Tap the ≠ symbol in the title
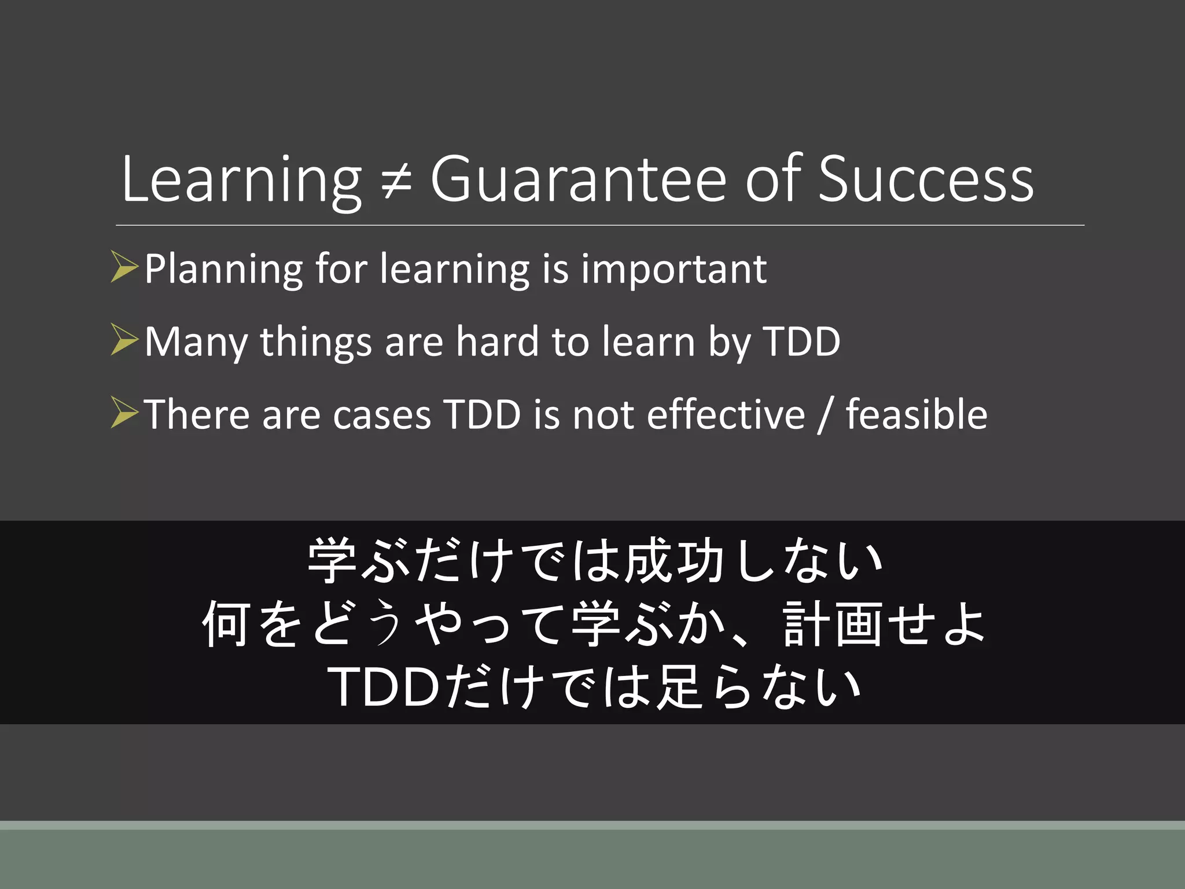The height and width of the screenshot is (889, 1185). point(397,181)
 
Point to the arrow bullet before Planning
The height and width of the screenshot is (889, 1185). point(124,267)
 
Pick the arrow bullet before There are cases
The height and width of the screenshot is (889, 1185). point(124,413)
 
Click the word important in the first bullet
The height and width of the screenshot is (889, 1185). point(674,269)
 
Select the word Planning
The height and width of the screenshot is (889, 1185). point(223,270)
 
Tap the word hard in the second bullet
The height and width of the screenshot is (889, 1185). point(497,341)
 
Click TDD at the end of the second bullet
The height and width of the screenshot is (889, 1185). point(801,341)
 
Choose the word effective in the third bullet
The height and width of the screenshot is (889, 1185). point(726,414)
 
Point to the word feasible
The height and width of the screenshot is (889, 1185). point(917,414)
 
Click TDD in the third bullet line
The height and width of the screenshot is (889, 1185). point(482,414)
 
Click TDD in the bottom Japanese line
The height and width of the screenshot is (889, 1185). point(385,688)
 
